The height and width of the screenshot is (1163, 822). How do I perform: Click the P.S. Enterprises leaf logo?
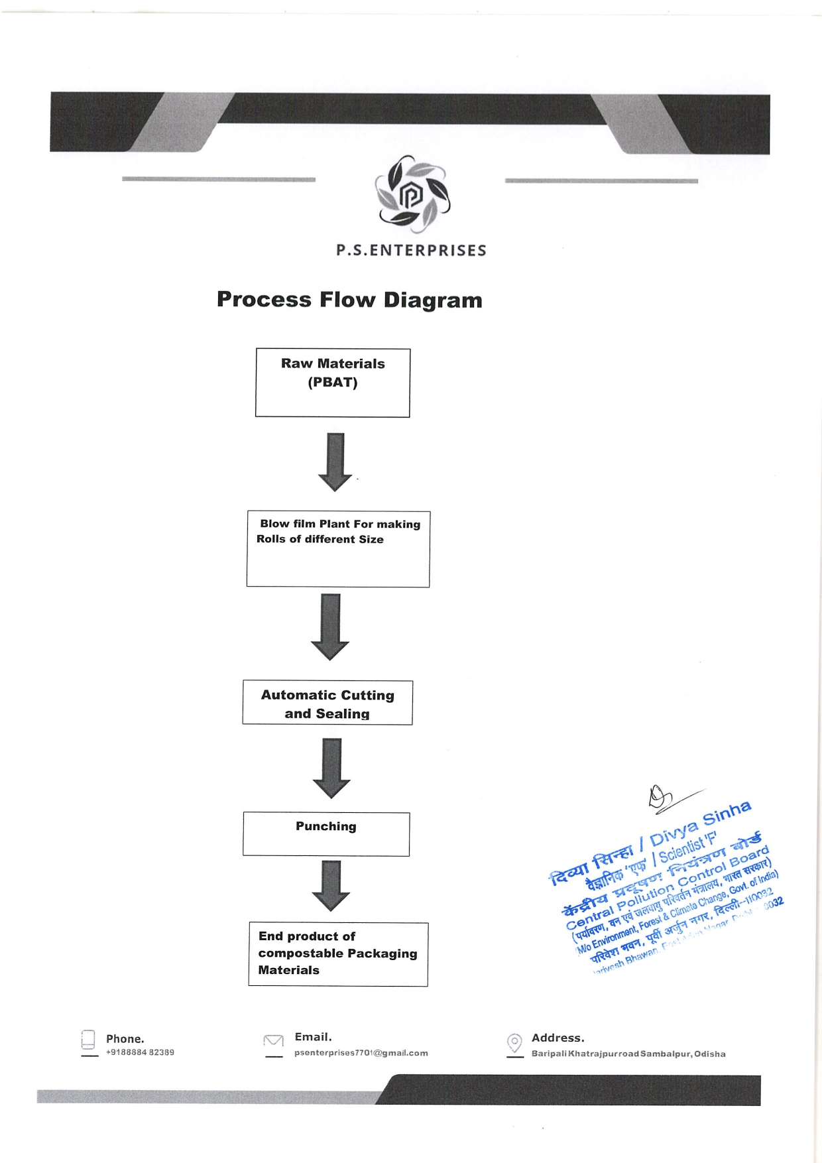[412, 194]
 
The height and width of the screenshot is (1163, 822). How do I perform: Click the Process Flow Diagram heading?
[349, 300]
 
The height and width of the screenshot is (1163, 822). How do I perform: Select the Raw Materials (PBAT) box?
[333, 383]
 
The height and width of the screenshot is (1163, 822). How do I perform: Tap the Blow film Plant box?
[338, 548]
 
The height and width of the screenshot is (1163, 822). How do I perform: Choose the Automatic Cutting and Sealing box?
[327, 703]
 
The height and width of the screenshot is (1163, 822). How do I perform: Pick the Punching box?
[326, 833]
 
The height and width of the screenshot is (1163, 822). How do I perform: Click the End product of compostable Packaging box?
[338, 953]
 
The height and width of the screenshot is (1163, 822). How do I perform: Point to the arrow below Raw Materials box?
[335, 461]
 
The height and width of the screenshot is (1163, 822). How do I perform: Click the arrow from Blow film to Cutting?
[330, 626]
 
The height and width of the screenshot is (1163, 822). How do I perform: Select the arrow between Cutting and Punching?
[331, 767]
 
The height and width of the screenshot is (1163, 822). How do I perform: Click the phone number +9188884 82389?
[140, 1052]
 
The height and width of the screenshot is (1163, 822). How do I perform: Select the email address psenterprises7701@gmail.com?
[361, 1053]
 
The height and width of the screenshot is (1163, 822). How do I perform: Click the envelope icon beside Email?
[273, 1041]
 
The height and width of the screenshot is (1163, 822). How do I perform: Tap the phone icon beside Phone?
[88, 1040]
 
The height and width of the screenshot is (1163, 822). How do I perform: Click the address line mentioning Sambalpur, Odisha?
[628, 1054]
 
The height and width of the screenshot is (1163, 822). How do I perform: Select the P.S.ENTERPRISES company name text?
[411, 251]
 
